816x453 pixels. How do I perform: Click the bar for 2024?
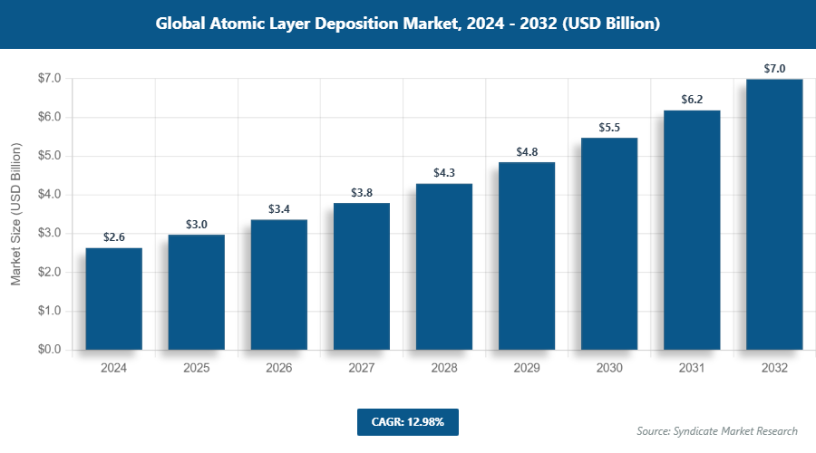click(x=113, y=299)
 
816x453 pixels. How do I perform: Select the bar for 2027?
click(x=361, y=276)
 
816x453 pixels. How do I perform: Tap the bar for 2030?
click(x=609, y=244)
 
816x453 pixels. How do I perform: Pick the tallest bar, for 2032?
click(x=774, y=214)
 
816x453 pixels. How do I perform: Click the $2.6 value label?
click(x=113, y=237)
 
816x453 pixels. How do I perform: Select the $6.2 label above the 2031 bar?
click(x=692, y=100)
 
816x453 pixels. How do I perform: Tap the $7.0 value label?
click(x=774, y=69)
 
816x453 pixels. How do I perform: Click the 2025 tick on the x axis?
click(x=196, y=369)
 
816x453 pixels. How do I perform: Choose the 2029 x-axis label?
click(x=527, y=369)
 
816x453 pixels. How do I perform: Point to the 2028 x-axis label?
click(x=444, y=369)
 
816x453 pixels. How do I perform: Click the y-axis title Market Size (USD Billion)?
click(x=15, y=214)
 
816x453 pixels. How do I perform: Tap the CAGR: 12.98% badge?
click(x=408, y=422)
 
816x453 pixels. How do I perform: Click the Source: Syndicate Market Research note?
click(x=717, y=431)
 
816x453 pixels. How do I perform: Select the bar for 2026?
click(x=278, y=284)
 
